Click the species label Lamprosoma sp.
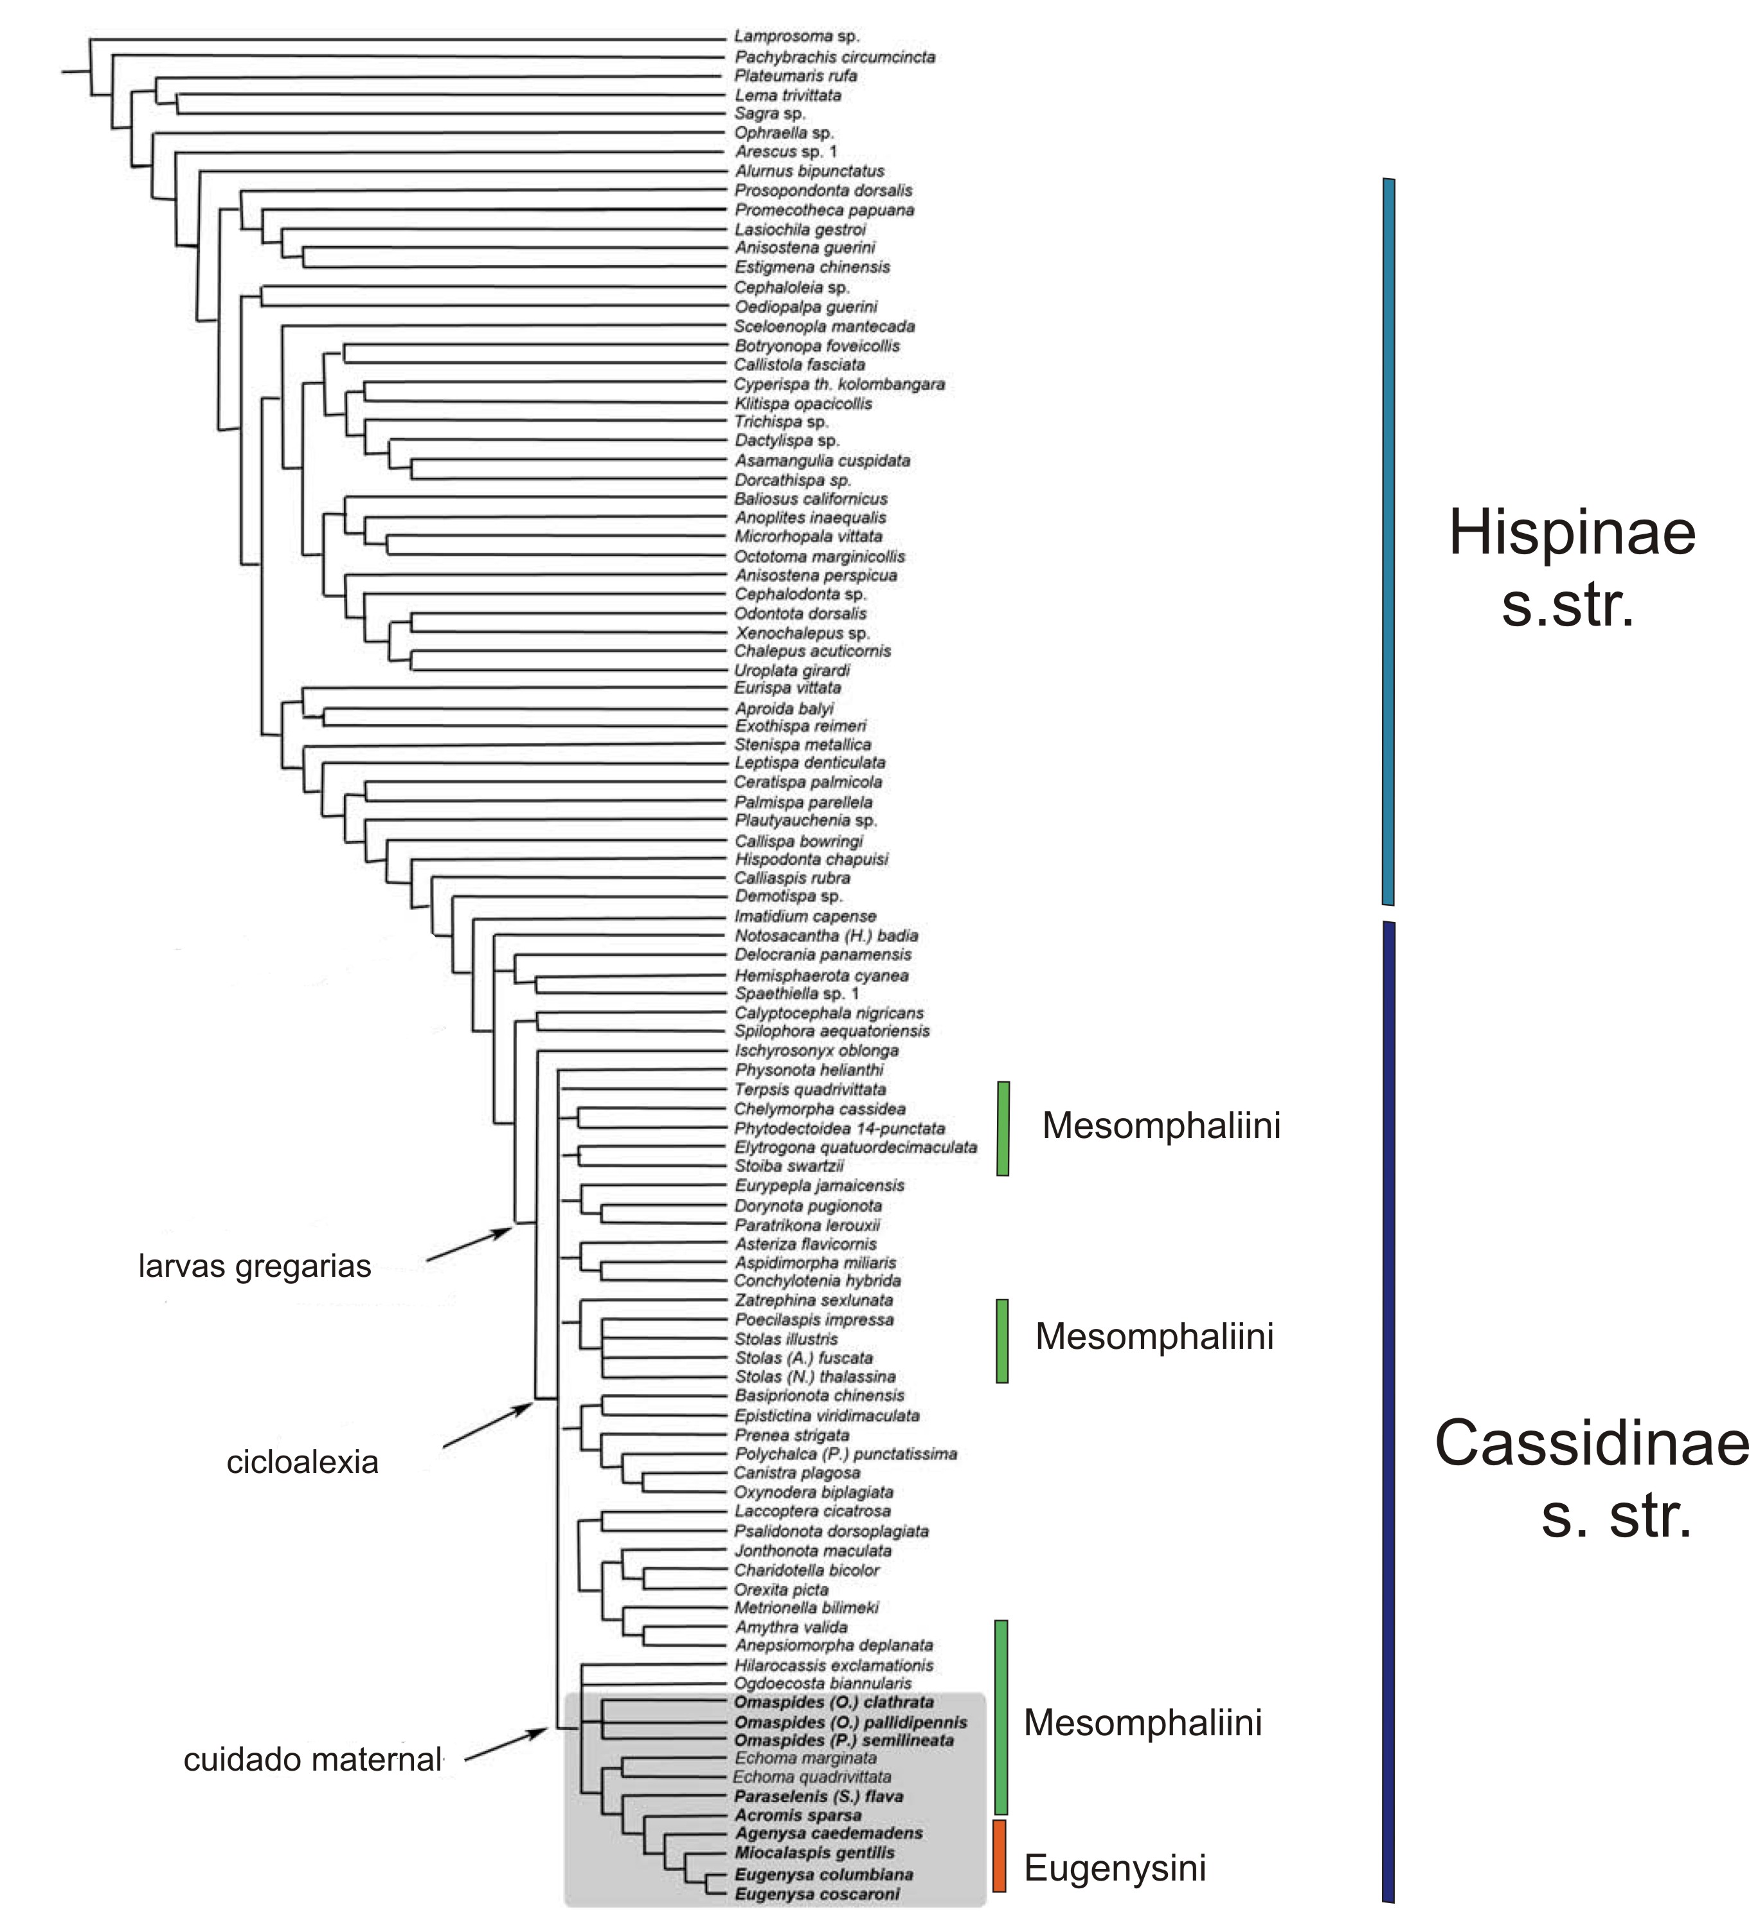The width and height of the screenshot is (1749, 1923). [x=796, y=36]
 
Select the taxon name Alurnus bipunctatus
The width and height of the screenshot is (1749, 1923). [x=809, y=172]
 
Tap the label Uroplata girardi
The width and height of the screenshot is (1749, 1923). [x=791, y=671]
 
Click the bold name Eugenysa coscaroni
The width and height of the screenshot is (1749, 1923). [x=816, y=1894]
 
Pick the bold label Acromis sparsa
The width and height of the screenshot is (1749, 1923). [x=797, y=1815]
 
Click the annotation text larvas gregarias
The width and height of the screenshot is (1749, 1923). [x=255, y=1267]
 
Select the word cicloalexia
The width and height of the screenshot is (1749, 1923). [x=302, y=1462]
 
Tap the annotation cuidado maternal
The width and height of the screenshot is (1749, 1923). [x=313, y=1760]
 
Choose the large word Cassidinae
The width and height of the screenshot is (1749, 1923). [x=1591, y=1443]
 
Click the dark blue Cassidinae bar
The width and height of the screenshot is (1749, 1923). [x=1388, y=1412]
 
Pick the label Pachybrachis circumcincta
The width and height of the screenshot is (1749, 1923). [x=834, y=57]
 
